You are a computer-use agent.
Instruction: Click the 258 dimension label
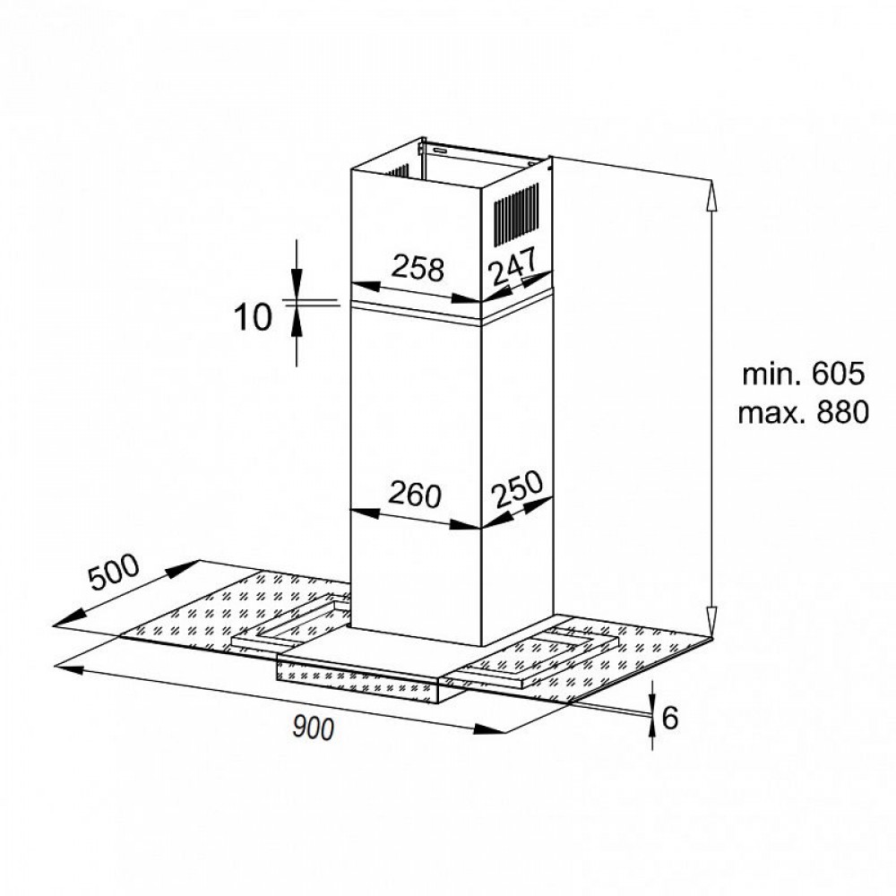418,268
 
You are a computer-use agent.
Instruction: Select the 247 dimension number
512,266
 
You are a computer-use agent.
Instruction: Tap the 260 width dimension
415,494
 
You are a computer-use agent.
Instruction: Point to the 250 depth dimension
515,491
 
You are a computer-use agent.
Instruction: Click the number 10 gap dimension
252,317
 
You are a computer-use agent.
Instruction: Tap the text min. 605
803,374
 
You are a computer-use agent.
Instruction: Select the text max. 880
803,413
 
